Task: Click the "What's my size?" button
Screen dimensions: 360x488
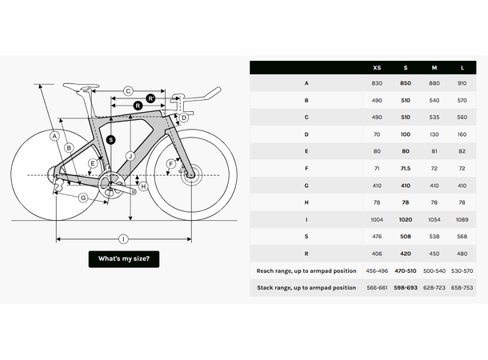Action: (x=123, y=258)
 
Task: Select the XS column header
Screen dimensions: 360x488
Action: (x=377, y=67)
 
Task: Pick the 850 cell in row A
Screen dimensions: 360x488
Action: (x=406, y=82)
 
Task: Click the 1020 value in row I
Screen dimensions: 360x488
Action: (x=406, y=218)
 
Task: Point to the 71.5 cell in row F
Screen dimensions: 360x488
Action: (x=406, y=168)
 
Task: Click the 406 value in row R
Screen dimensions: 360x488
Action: (x=377, y=254)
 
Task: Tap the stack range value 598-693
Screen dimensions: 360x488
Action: (x=406, y=287)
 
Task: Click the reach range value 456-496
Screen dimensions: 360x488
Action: (x=377, y=270)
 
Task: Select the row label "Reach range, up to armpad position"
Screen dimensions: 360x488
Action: (x=306, y=270)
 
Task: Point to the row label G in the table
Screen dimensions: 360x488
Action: (x=306, y=185)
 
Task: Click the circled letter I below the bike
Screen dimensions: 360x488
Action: (x=123, y=238)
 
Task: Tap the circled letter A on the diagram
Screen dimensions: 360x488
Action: (x=54, y=136)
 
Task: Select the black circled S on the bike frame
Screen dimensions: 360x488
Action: (x=110, y=139)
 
